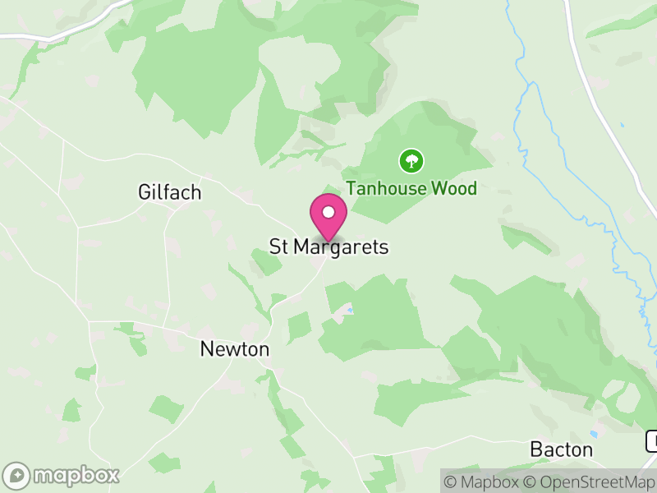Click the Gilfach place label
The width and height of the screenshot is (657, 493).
[170, 192]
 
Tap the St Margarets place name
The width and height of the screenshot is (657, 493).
[328, 246]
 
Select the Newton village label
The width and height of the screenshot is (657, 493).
[235, 349]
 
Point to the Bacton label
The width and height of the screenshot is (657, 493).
[562, 449]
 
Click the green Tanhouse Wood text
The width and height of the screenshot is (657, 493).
[411, 188]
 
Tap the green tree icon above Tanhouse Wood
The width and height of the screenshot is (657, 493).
[411, 160]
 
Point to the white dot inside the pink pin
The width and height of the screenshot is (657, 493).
[328, 212]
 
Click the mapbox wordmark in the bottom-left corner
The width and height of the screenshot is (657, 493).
[76, 475]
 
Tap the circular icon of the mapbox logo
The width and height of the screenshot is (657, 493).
[17, 475]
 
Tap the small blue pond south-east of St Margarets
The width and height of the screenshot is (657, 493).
[350, 310]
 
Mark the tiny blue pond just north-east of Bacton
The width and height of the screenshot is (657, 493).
[594, 434]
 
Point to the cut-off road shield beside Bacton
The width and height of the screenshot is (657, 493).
[651, 440]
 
